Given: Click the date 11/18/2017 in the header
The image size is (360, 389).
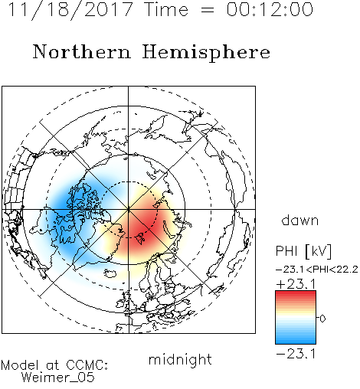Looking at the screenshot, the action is pyautogui.click(x=70, y=10).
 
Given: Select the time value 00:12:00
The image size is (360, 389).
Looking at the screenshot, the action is pyautogui.click(x=270, y=9).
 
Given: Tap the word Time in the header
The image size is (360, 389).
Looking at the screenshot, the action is pyautogui.click(x=166, y=9).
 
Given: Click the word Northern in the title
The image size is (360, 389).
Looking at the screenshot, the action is pyautogui.click(x=82, y=51).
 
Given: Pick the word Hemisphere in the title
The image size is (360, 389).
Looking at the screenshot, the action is pyautogui.click(x=206, y=53).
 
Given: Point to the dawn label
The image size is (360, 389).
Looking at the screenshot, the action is pyautogui.click(x=300, y=220).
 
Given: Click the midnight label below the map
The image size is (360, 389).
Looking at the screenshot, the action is pyautogui.click(x=180, y=360).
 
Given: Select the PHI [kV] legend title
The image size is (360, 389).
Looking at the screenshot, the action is pyautogui.click(x=303, y=251).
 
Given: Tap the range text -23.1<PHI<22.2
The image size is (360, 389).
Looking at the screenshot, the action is pyautogui.click(x=317, y=270).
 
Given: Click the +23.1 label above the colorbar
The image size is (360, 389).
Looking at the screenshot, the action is pyautogui.click(x=296, y=284).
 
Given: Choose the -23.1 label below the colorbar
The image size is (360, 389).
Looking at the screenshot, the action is pyautogui.click(x=296, y=354).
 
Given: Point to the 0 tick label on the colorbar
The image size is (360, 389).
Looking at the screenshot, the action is pyautogui.click(x=322, y=319).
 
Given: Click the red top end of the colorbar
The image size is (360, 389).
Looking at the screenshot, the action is pyautogui.click(x=296, y=293).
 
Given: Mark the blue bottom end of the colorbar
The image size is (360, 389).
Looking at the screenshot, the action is pyautogui.click(x=296, y=342).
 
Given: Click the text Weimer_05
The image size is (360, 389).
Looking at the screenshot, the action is pyautogui.click(x=58, y=378).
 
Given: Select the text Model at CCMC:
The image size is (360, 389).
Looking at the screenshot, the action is pyautogui.click(x=54, y=365).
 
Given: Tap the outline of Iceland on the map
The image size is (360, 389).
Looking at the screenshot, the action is pyautogui.click(x=110, y=273).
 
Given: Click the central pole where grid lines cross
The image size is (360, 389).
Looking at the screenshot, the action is pyautogui.click(x=129, y=209).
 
